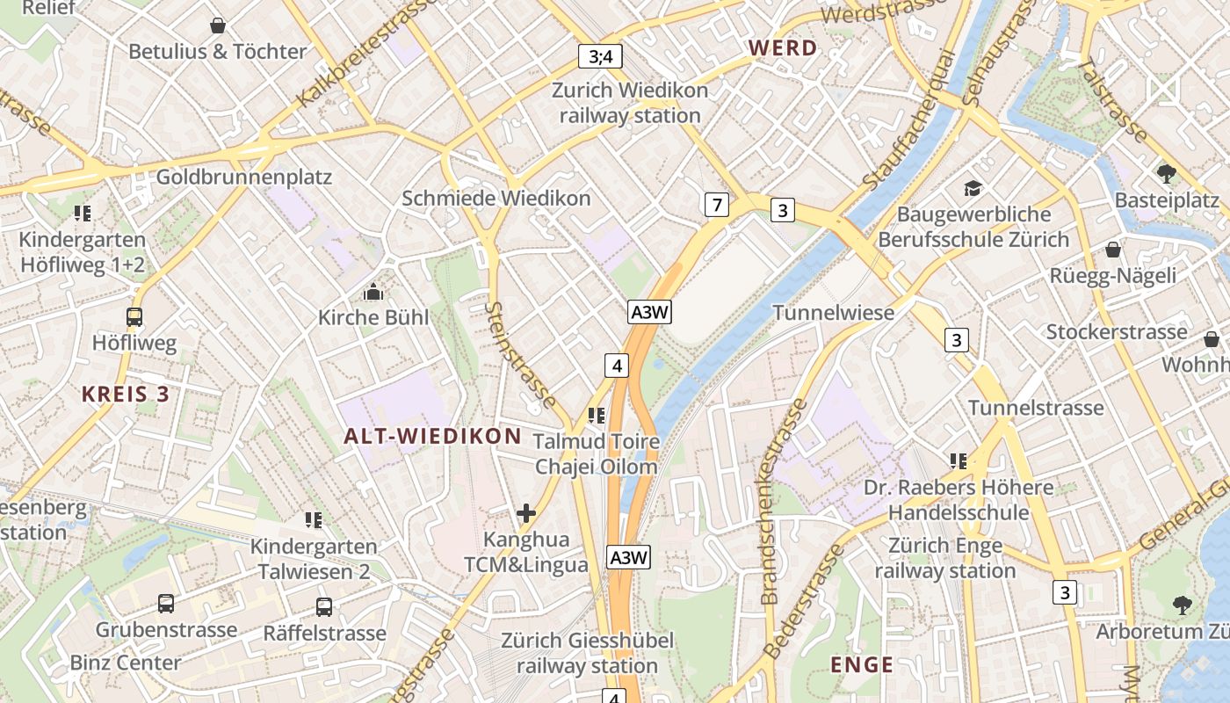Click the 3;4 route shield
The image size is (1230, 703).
tap(601, 57)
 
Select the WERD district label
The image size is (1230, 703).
tap(783, 48)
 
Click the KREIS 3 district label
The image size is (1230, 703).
tap(126, 394)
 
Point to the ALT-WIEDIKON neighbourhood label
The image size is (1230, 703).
tap(433, 436)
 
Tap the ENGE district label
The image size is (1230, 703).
tap(862, 664)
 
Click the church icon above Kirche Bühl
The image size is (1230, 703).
tap(373, 292)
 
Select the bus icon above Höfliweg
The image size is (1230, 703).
tap(134, 317)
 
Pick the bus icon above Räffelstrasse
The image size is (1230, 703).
tap(324, 606)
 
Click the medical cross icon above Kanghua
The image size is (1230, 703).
tap(526, 513)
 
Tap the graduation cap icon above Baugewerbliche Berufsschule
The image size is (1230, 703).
tap(973, 188)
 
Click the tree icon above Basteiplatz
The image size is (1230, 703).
tap(1167, 173)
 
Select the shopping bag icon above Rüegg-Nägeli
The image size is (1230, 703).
tap(1113, 250)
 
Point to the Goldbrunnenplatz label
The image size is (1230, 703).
tap(244, 178)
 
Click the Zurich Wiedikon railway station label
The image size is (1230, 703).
tap(630, 103)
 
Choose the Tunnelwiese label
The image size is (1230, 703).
tap(833, 312)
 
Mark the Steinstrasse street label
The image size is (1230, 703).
tap(521, 355)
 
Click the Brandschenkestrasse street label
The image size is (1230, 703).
tap(771, 501)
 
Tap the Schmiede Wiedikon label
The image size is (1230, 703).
tap(496, 199)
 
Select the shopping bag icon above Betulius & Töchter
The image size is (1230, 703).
tap(217, 25)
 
